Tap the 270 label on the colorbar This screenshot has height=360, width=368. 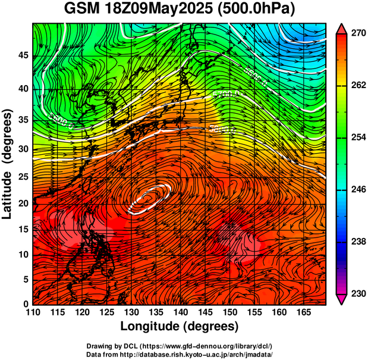(x=358, y=33)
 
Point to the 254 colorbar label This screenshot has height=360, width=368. (x=358, y=137)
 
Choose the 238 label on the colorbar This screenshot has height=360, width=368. (x=358, y=242)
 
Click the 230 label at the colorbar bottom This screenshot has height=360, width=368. (x=358, y=293)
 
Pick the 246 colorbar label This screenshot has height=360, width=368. (x=358, y=189)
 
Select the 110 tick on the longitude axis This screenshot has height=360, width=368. (x=33, y=312)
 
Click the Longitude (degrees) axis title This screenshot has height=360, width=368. (x=180, y=326)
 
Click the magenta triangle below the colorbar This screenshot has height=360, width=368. (x=342, y=299)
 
